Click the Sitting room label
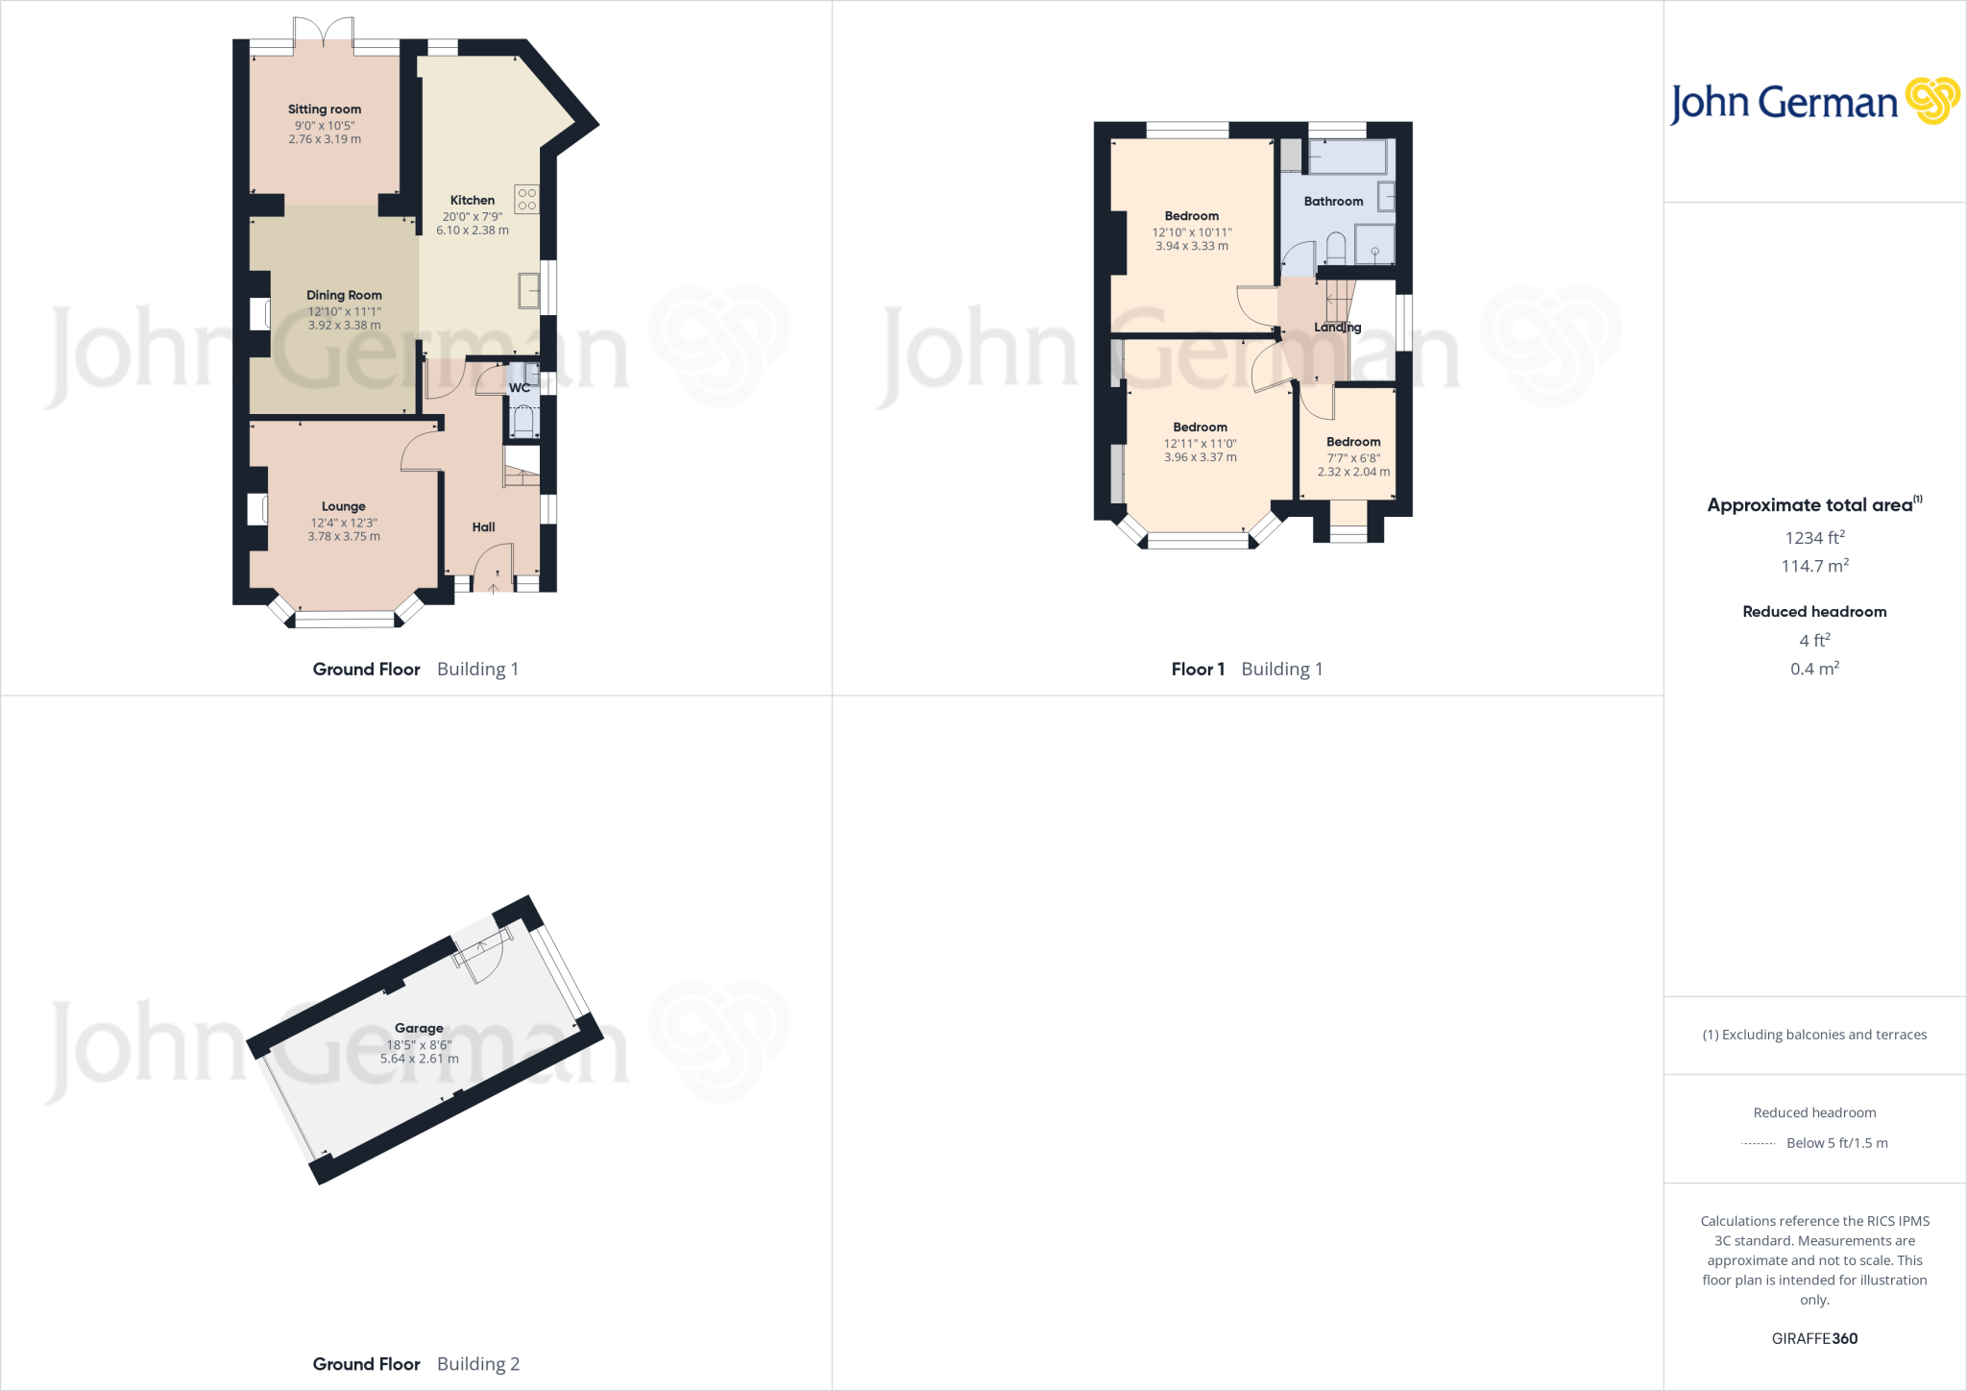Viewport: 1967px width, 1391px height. click(x=325, y=110)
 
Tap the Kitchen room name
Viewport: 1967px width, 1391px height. click(x=473, y=201)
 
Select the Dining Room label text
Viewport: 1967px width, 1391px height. click(x=344, y=295)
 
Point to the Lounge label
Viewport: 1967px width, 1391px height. click(x=344, y=506)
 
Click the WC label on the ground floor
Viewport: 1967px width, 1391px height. click(x=520, y=388)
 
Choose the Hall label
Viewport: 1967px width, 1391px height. click(x=484, y=527)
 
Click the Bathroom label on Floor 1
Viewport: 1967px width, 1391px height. click(x=1333, y=202)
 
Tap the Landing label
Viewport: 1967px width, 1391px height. click(x=1337, y=328)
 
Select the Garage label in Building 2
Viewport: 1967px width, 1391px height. click(x=419, y=1028)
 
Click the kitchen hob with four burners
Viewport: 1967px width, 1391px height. click(x=526, y=199)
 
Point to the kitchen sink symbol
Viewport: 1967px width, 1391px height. click(x=528, y=290)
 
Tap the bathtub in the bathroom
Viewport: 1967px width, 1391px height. click(x=1348, y=157)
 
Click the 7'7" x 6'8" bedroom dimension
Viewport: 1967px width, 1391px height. click(x=1353, y=458)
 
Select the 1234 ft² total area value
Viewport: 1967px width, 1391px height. click(x=1814, y=538)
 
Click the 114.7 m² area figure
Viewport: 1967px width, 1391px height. click(x=1814, y=566)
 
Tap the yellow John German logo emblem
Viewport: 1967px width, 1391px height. click(x=1931, y=101)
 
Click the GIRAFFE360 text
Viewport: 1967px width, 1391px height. click(x=1814, y=1338)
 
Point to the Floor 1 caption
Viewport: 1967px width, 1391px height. click(x=1198, y=670)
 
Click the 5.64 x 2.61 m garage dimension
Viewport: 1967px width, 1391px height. click(x=419, y=1059)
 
